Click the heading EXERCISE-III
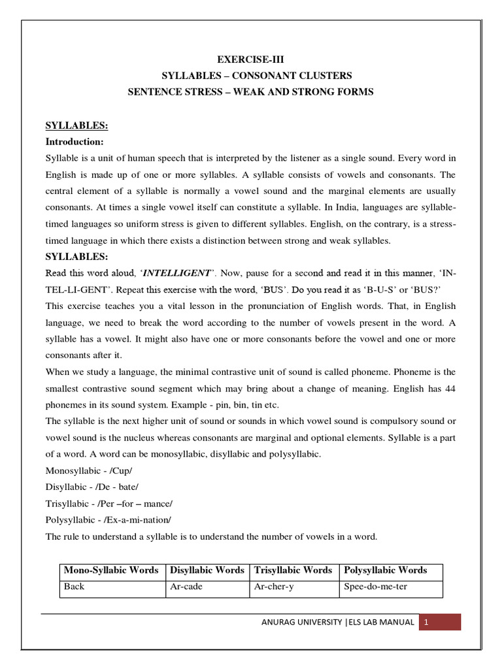coord(250,59)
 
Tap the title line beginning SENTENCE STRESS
coord(250,92)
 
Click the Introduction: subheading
coord(75,141)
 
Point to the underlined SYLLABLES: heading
coord(76,125)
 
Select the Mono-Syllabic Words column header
coord(111,570)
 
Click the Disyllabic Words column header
coord(207,570)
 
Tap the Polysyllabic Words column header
coord(385,570)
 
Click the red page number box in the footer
coord(440,622)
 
